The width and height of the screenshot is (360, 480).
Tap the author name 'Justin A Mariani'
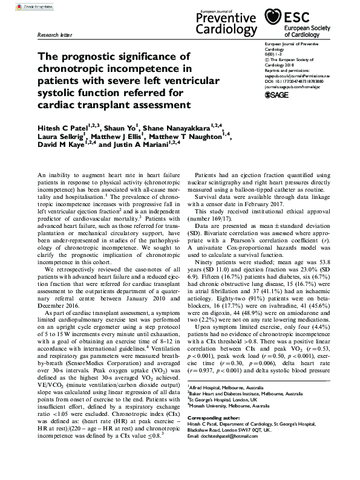[140, 145]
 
